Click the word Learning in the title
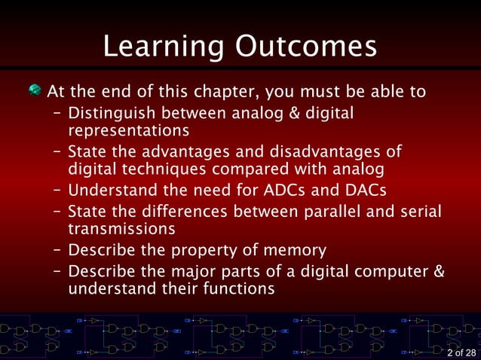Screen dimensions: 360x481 click(x=163, y=47)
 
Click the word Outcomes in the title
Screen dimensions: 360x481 click(x=306, y=47)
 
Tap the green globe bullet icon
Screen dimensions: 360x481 click(x=35, y=91)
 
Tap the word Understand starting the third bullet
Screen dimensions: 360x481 click(x=109, y=190)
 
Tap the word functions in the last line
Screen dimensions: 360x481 click(x=239, y=288)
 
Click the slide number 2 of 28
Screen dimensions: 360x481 click(x=461, y=352)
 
